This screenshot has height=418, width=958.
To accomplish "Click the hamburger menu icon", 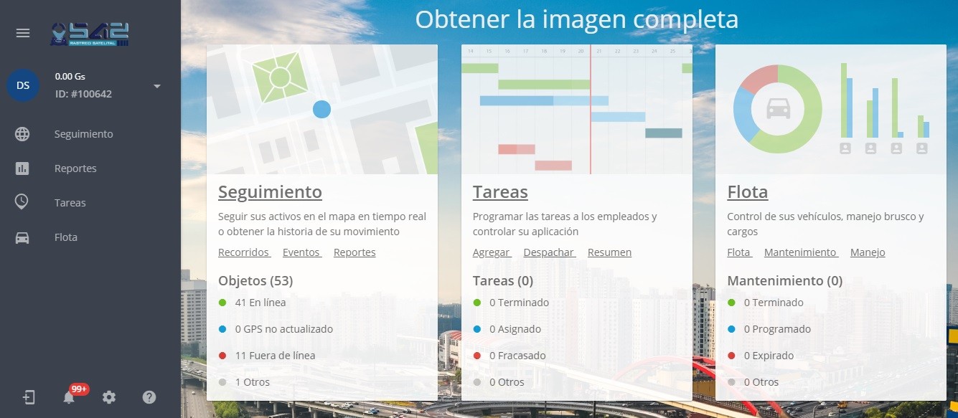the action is (x=23, y=33).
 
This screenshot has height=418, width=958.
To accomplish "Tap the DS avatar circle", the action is (x=23, y=85).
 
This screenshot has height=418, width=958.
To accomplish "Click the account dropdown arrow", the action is (x=157, y=86).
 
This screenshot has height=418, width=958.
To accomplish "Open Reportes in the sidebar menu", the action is (x=75, y=168).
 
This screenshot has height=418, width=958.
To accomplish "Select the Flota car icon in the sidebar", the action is (x=22, y=237).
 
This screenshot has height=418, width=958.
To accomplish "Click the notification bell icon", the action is (x=68, y=397).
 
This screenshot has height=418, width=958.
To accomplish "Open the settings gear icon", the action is (x=109, y=397).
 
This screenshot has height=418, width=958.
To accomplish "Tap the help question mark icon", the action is (x=149, y=397).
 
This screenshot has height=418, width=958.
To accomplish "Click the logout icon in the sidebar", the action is (x=29, y=397).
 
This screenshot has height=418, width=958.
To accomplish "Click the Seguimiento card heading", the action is (x=270, y=192).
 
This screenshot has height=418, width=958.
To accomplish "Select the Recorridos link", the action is (x=243, y=252).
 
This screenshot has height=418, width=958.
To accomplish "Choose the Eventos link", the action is (x=301, y=252).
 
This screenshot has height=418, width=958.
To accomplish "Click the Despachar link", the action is (x=549, y=252).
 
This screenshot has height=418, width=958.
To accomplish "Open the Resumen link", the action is (x=609, y=252).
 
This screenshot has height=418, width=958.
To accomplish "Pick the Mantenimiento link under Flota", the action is (x=800, y=252).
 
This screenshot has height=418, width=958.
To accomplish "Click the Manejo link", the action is (x=868, y=252).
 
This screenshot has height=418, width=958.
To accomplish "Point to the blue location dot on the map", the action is (x=321, y=110).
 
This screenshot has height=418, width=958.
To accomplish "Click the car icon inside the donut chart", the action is (x=779, y=108).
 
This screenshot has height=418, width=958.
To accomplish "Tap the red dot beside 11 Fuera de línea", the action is (x=222, y=356).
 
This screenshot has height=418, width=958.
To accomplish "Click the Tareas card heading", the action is (x=500, y=192).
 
